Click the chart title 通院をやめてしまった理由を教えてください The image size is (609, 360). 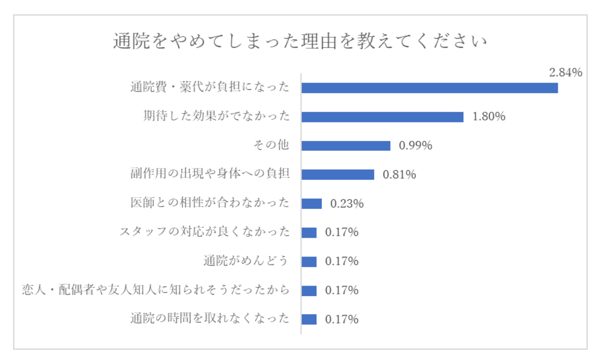pos(300,41)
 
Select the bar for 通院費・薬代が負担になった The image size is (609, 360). pos(429,88)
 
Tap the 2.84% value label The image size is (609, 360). pos(565,73)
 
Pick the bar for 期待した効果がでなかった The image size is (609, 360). pos(382,117)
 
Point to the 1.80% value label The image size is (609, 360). pos(489,117)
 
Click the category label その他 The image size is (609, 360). pos(271,145)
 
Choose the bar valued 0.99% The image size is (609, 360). pos(346,146)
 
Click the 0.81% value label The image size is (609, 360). pos(399,175)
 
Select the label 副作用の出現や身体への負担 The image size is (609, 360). pos(210,173)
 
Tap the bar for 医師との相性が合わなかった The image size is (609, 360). pos(311,204)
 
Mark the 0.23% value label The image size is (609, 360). pos(347,204)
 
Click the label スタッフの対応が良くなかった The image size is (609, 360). pos(204,232)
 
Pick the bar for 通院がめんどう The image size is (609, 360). pos(309,262)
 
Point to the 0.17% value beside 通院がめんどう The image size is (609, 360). pos(342,261)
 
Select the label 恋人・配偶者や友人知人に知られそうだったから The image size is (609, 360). pos(156,290)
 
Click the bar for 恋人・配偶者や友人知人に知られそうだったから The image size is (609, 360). pos(309,291)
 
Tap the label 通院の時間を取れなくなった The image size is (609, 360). pos(210,318)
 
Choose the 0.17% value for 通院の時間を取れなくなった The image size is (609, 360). pos(342,319)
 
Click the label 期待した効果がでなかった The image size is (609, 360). pos(216,116)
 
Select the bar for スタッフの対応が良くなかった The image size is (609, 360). pos(309,233)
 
